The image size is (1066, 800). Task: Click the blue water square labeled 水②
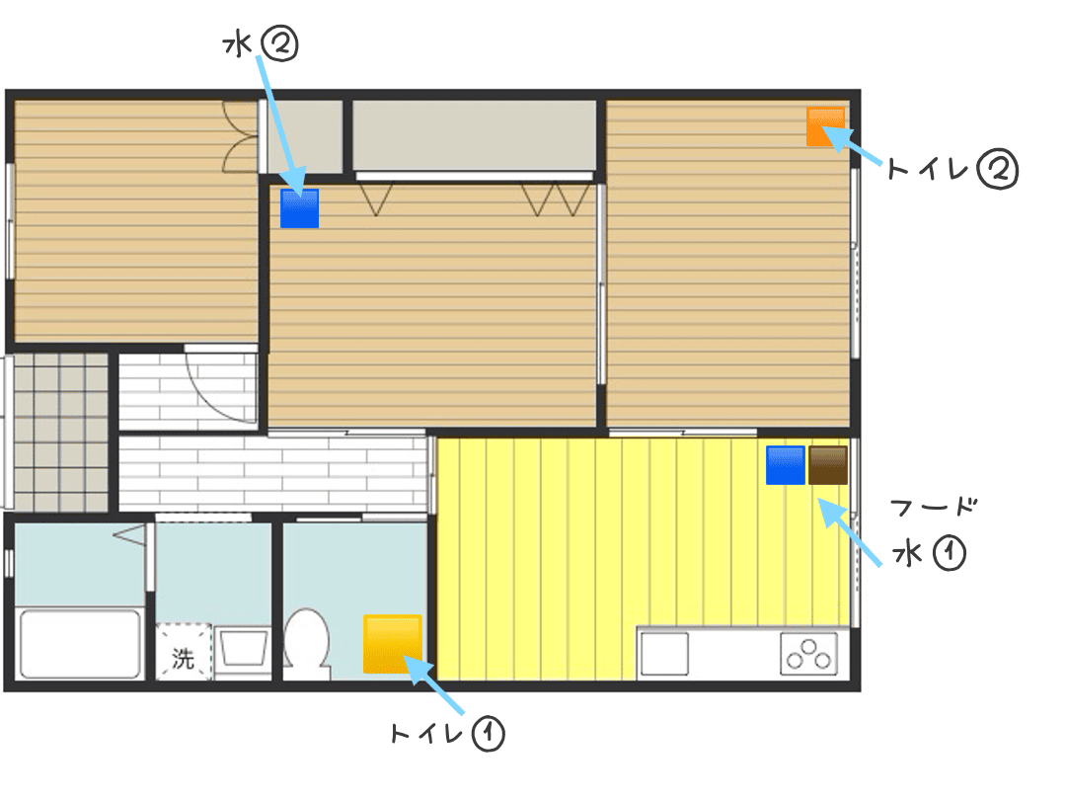point(300,208)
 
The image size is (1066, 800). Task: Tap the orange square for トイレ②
point(826,126)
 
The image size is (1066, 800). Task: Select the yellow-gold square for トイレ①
point(393,644)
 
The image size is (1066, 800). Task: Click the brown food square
point(828,465)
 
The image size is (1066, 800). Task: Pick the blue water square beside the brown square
point(786,465)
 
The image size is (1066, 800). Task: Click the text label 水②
point(261,45)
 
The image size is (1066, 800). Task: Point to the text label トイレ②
point(952,170)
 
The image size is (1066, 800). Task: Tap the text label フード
point(934,507)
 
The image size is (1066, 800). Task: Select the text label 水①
point(930,552)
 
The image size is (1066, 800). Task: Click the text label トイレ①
point(447,733)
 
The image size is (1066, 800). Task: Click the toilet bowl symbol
point(306,641)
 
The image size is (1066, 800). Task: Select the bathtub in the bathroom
point(80,644)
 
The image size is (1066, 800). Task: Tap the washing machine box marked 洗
point(184,652)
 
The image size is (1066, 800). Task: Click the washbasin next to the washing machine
point(243,647)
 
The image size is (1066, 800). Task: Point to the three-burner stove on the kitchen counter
point(808,654)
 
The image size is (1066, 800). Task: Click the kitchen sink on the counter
point(664,654)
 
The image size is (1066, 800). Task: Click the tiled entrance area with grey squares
point(60,432)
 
